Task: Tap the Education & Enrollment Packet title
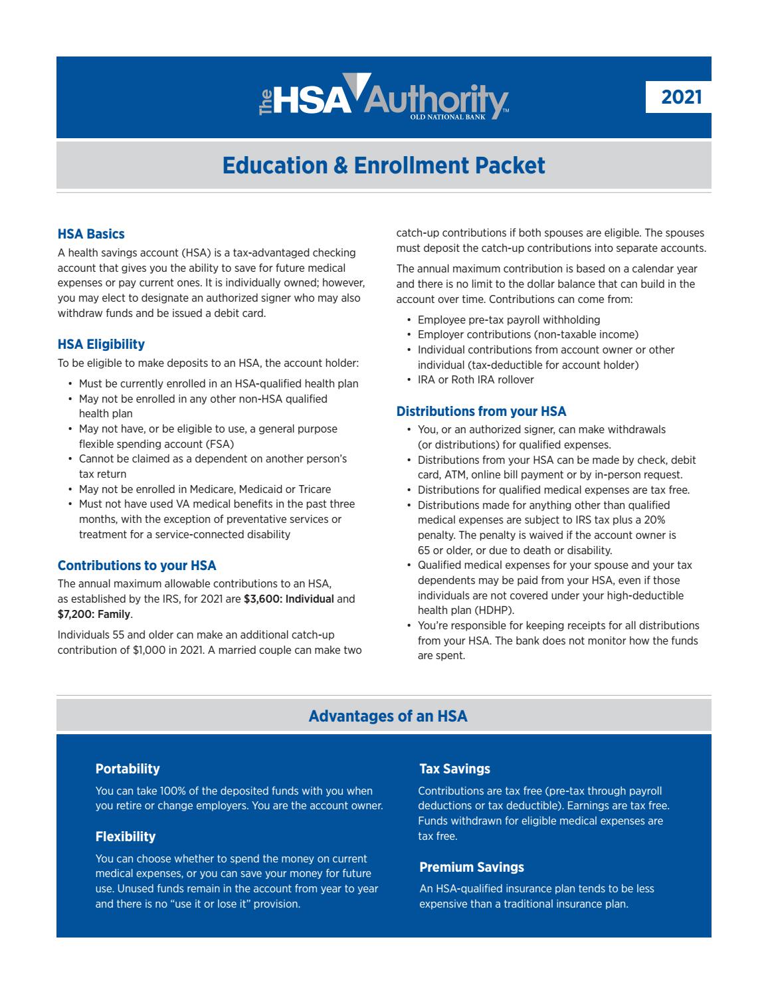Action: coord(383,165)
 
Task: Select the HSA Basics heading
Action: coord(91,234)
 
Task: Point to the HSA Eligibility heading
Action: coord(101,344)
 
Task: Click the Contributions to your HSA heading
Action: coord(137,565)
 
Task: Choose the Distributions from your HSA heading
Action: coord(481,411)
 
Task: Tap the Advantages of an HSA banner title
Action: coord(388,716)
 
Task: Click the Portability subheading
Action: coord(128,769)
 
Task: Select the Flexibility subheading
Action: coord(126,837)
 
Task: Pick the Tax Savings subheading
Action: coord(454,769)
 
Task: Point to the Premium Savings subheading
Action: coord(472,867)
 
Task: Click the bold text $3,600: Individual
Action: coord(289,599)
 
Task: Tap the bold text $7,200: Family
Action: coord(94,614)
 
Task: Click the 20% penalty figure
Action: coord(654,520)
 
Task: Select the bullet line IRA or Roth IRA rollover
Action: coord(476,380)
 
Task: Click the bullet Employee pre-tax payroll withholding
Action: coord(509,320)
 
